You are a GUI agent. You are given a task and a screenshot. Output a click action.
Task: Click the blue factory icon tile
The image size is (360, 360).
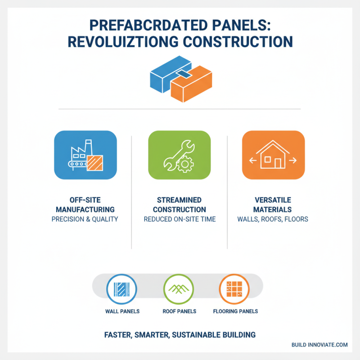coord(85,156)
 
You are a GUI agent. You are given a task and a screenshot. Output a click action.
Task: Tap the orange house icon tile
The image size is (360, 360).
coord(273,156)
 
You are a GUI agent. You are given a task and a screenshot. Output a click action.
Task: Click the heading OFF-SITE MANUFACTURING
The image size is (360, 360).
coord(85,205)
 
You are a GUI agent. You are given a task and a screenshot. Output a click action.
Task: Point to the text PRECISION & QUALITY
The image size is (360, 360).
coord(85,220)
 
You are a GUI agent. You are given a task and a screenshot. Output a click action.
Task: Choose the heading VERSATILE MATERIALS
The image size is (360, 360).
coord(273,205)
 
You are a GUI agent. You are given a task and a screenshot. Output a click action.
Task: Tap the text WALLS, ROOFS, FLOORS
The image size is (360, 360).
coord(273,220)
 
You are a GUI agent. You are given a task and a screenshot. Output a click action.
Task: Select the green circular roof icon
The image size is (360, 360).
coord(179,288)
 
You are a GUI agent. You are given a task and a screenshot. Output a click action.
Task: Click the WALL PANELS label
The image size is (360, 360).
coord(122,311)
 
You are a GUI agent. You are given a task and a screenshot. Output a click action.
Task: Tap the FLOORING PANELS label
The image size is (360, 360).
coord(235,311)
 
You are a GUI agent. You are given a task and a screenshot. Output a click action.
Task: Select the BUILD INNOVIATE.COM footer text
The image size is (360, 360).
coord(319,345)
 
